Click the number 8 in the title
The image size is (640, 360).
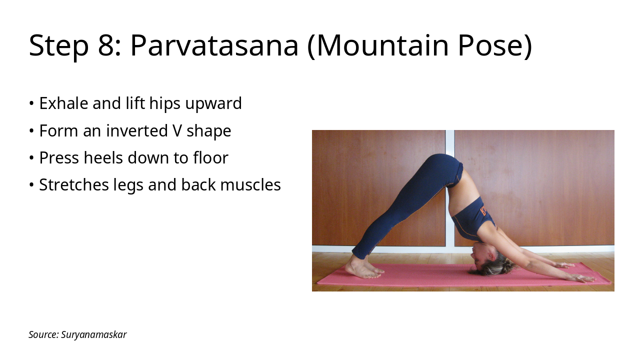click(x=106, y=45)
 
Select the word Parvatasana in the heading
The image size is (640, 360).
click(x=214, y=45)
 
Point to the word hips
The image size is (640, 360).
click(x=165, y=103)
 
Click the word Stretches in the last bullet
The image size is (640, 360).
click(x=72, y=185)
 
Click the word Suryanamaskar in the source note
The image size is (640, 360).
click(x=94, y=334)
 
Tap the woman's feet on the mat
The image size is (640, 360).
click(x=363, y=269)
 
